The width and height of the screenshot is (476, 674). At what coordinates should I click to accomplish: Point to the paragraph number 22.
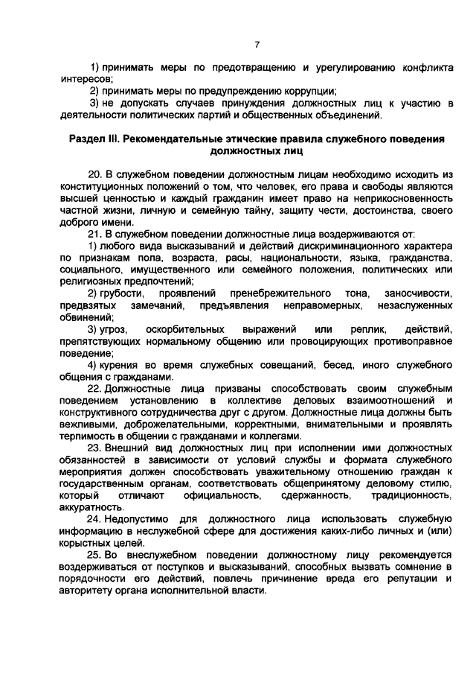(94, 390)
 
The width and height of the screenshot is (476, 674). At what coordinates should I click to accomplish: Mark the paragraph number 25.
(94, 555)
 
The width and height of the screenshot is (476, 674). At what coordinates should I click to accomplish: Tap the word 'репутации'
(410, 579)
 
